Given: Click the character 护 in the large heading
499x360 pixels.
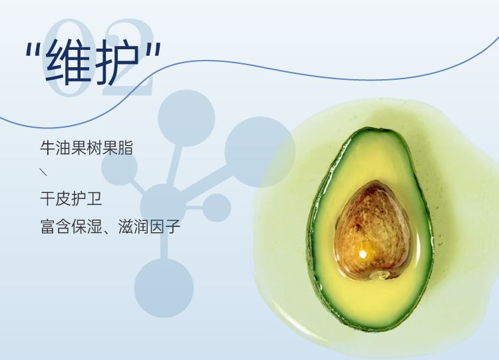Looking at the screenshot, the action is [x=117, y=62].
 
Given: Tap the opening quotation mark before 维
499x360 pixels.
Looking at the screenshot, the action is [x=32, y=49].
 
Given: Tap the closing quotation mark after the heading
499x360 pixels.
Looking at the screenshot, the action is [x=154, y=49].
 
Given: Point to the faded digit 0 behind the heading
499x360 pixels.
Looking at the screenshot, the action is [x=65, y=57].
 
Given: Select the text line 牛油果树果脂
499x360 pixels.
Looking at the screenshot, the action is [x=86, y=148].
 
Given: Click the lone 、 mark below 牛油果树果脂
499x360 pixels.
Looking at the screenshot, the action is [x=44, y=172].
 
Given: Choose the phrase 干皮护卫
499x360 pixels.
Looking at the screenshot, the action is [x=71, y=199].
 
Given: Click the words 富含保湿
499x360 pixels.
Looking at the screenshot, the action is [x=71, y=226].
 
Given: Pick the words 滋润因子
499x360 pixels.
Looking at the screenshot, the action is [x=149, y=226].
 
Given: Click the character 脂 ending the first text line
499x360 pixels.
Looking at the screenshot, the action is [x=125, y=148].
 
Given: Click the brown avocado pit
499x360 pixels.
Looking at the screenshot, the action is [x=372, y=230].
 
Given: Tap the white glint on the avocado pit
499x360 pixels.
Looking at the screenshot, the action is [x=363, y=254].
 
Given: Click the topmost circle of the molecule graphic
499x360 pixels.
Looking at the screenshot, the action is [x=186, y=118].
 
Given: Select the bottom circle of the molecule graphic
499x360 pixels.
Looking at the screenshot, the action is [x=164, y=288].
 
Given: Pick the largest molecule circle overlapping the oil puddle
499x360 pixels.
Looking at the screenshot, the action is [x=260, y=152].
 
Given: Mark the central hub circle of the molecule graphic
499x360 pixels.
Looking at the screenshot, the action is [x=163, y=206].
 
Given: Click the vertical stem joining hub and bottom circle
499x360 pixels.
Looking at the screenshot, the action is [x=164, y=244].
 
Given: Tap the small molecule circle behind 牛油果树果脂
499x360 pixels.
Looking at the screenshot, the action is [x=119, y=168].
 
